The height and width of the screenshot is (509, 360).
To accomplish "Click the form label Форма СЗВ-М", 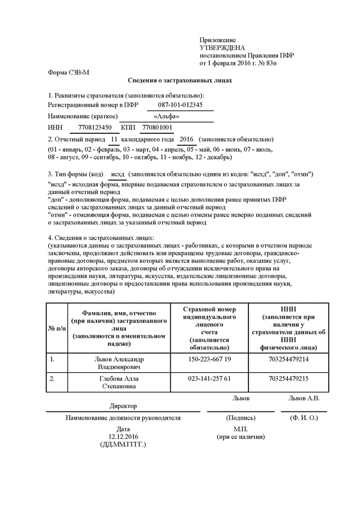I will tap(68, 72).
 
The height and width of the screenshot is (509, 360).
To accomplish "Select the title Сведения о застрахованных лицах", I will tap(180, 80).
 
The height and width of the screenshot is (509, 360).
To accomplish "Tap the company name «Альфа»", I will tap(166, 116).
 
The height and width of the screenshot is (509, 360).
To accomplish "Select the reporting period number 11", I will tap(124, 139).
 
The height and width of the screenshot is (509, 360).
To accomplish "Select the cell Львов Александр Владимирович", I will tap(119, 363).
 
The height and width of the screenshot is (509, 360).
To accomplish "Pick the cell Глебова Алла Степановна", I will tap(119, 383).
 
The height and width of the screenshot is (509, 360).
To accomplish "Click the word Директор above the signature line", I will tap(123, 406).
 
